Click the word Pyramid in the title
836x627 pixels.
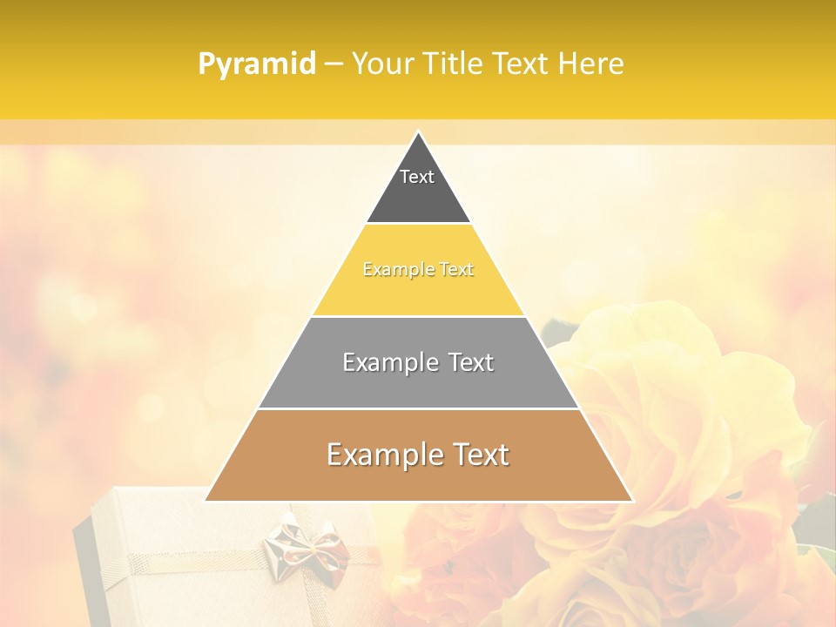pyautogui.click(x=257, y=64)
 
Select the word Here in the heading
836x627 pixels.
pyautogui.click(x=590, y=64)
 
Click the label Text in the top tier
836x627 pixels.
pyautogui.click(x=417, y=177)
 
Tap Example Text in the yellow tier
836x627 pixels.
pyautogui.click(x=418, y=269)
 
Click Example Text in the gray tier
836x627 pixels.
pyautogui.click(x=418, y=362)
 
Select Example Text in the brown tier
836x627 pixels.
pyautogui.click(x=418, y=455)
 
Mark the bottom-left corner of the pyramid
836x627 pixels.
pyautogui.click(x=206, y=500)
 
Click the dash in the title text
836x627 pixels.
pyautogui.click(x=333, y=64)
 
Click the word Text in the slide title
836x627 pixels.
pyautogui.click(x=520, y=64)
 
